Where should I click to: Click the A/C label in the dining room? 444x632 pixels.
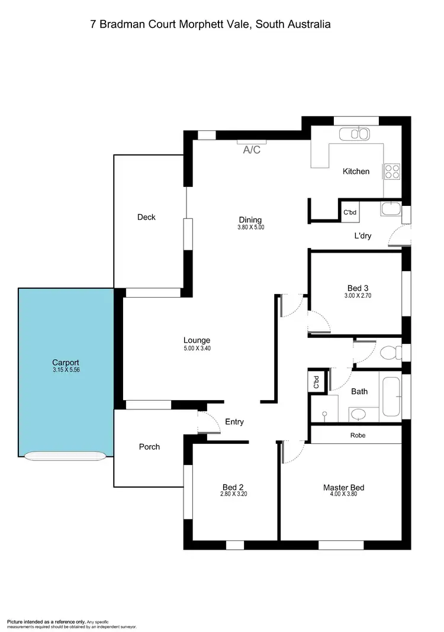252,150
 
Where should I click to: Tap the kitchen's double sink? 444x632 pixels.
355,134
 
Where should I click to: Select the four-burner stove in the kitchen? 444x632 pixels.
392,171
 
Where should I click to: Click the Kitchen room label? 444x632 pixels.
356,172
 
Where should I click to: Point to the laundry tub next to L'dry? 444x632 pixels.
391,209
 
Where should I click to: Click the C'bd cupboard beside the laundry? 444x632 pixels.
350,212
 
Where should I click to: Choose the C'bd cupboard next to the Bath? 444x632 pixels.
316,382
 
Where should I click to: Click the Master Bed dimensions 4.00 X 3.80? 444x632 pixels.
343,496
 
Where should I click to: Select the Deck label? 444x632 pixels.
146,217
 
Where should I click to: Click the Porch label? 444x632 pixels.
149,447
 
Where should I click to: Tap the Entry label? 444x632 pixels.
234,422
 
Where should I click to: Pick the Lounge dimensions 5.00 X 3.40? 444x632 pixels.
197,349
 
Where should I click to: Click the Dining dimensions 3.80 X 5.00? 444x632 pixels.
250,227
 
